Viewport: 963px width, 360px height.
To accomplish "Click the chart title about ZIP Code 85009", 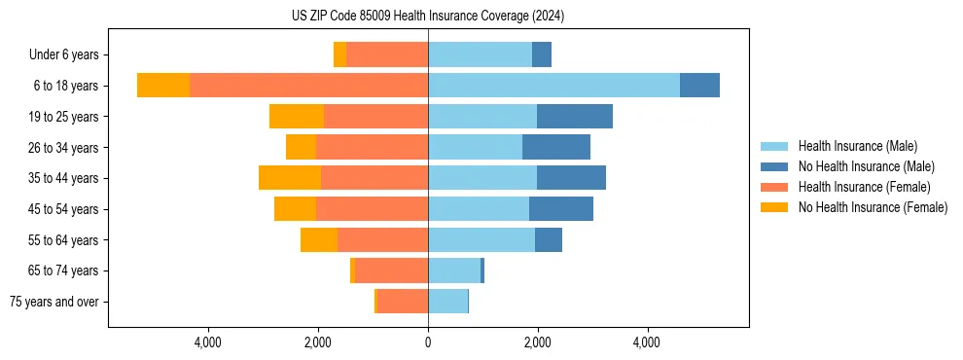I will coord(428,17).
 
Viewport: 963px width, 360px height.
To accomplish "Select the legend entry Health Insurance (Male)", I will coord(856,146).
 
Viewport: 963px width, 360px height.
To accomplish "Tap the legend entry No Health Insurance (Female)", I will coord(873,207).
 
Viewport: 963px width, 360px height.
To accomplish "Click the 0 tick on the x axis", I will coord(428,342).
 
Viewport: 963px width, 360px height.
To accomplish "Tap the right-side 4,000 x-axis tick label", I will coord(647,342).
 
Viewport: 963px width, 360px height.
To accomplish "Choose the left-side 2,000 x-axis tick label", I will coord(318,342).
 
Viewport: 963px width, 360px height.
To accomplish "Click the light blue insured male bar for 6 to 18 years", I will coord(553,86).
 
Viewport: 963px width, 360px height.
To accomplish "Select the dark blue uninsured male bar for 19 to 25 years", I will coord(575,117).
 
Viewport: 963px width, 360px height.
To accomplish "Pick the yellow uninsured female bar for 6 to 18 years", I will coord(163,86).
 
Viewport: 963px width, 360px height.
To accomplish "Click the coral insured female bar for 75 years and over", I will coord(403,302).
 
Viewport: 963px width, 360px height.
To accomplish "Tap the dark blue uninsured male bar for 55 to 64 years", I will coord(549,239).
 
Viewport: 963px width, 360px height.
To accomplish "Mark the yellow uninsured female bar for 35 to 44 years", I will coord(290,178).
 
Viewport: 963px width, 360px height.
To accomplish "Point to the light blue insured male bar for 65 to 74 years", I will coord(454,270).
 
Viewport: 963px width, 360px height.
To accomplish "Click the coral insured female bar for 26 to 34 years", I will coord(372,147).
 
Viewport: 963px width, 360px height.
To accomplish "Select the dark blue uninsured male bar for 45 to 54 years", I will coord(561,209).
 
